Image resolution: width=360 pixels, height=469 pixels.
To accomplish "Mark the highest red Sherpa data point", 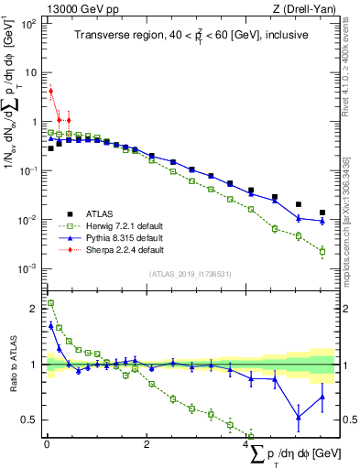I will point(50,91).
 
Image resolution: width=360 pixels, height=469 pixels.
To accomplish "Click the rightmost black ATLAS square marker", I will point(322,213).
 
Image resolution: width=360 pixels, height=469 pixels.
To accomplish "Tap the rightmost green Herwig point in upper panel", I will point(322,251).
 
